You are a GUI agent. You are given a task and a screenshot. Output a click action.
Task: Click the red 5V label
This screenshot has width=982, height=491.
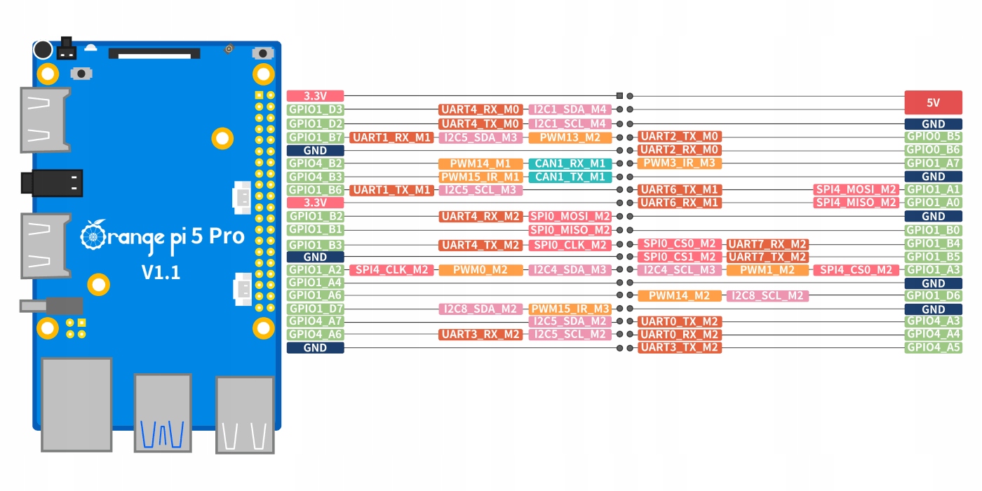[x=933, y=102]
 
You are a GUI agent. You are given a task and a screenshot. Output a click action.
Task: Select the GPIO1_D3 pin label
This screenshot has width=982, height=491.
[x=316, y=109]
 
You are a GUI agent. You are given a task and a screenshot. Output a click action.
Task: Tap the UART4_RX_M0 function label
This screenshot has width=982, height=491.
[x=481, y=109]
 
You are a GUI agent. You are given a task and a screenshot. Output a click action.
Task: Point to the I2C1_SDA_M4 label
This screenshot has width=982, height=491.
[x=570, y=109]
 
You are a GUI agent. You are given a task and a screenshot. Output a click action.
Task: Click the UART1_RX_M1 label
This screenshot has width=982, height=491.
[x=391, y=137]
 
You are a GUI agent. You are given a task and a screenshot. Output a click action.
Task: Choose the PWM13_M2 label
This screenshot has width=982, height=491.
[x=570, y=137]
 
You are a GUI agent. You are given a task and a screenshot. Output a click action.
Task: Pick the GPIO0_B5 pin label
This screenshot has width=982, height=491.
[x=933, y=137]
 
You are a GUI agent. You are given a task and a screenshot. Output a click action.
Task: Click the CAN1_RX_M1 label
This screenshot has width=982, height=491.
[x=570, y=163]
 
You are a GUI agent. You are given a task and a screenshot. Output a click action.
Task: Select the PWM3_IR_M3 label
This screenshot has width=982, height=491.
[x=679, y=163]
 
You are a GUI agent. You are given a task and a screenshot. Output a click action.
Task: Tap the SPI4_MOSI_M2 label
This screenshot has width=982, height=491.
[x=856, y=189]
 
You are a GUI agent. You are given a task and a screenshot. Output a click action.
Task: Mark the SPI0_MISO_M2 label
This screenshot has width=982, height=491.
[x=570, y=229]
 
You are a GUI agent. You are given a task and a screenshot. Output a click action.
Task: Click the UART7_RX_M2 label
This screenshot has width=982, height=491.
[x=767, y=244]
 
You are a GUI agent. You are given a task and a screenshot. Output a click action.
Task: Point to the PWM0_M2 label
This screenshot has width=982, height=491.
[x=481, y=270]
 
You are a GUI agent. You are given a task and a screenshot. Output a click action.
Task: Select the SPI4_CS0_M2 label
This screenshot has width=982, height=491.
[x=856, y=270]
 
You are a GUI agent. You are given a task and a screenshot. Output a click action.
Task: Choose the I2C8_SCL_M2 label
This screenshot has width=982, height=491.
[x=767, y=296]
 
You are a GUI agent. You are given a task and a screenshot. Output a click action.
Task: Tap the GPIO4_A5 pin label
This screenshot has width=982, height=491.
[x=933, y=347]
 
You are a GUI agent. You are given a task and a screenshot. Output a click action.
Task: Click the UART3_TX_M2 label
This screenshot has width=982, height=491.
[x=679, y=347]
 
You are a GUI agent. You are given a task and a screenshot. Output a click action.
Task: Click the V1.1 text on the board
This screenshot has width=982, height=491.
[x=161, y=272]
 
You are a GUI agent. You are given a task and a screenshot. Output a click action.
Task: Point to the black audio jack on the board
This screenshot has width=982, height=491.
[x=52, y=182]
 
